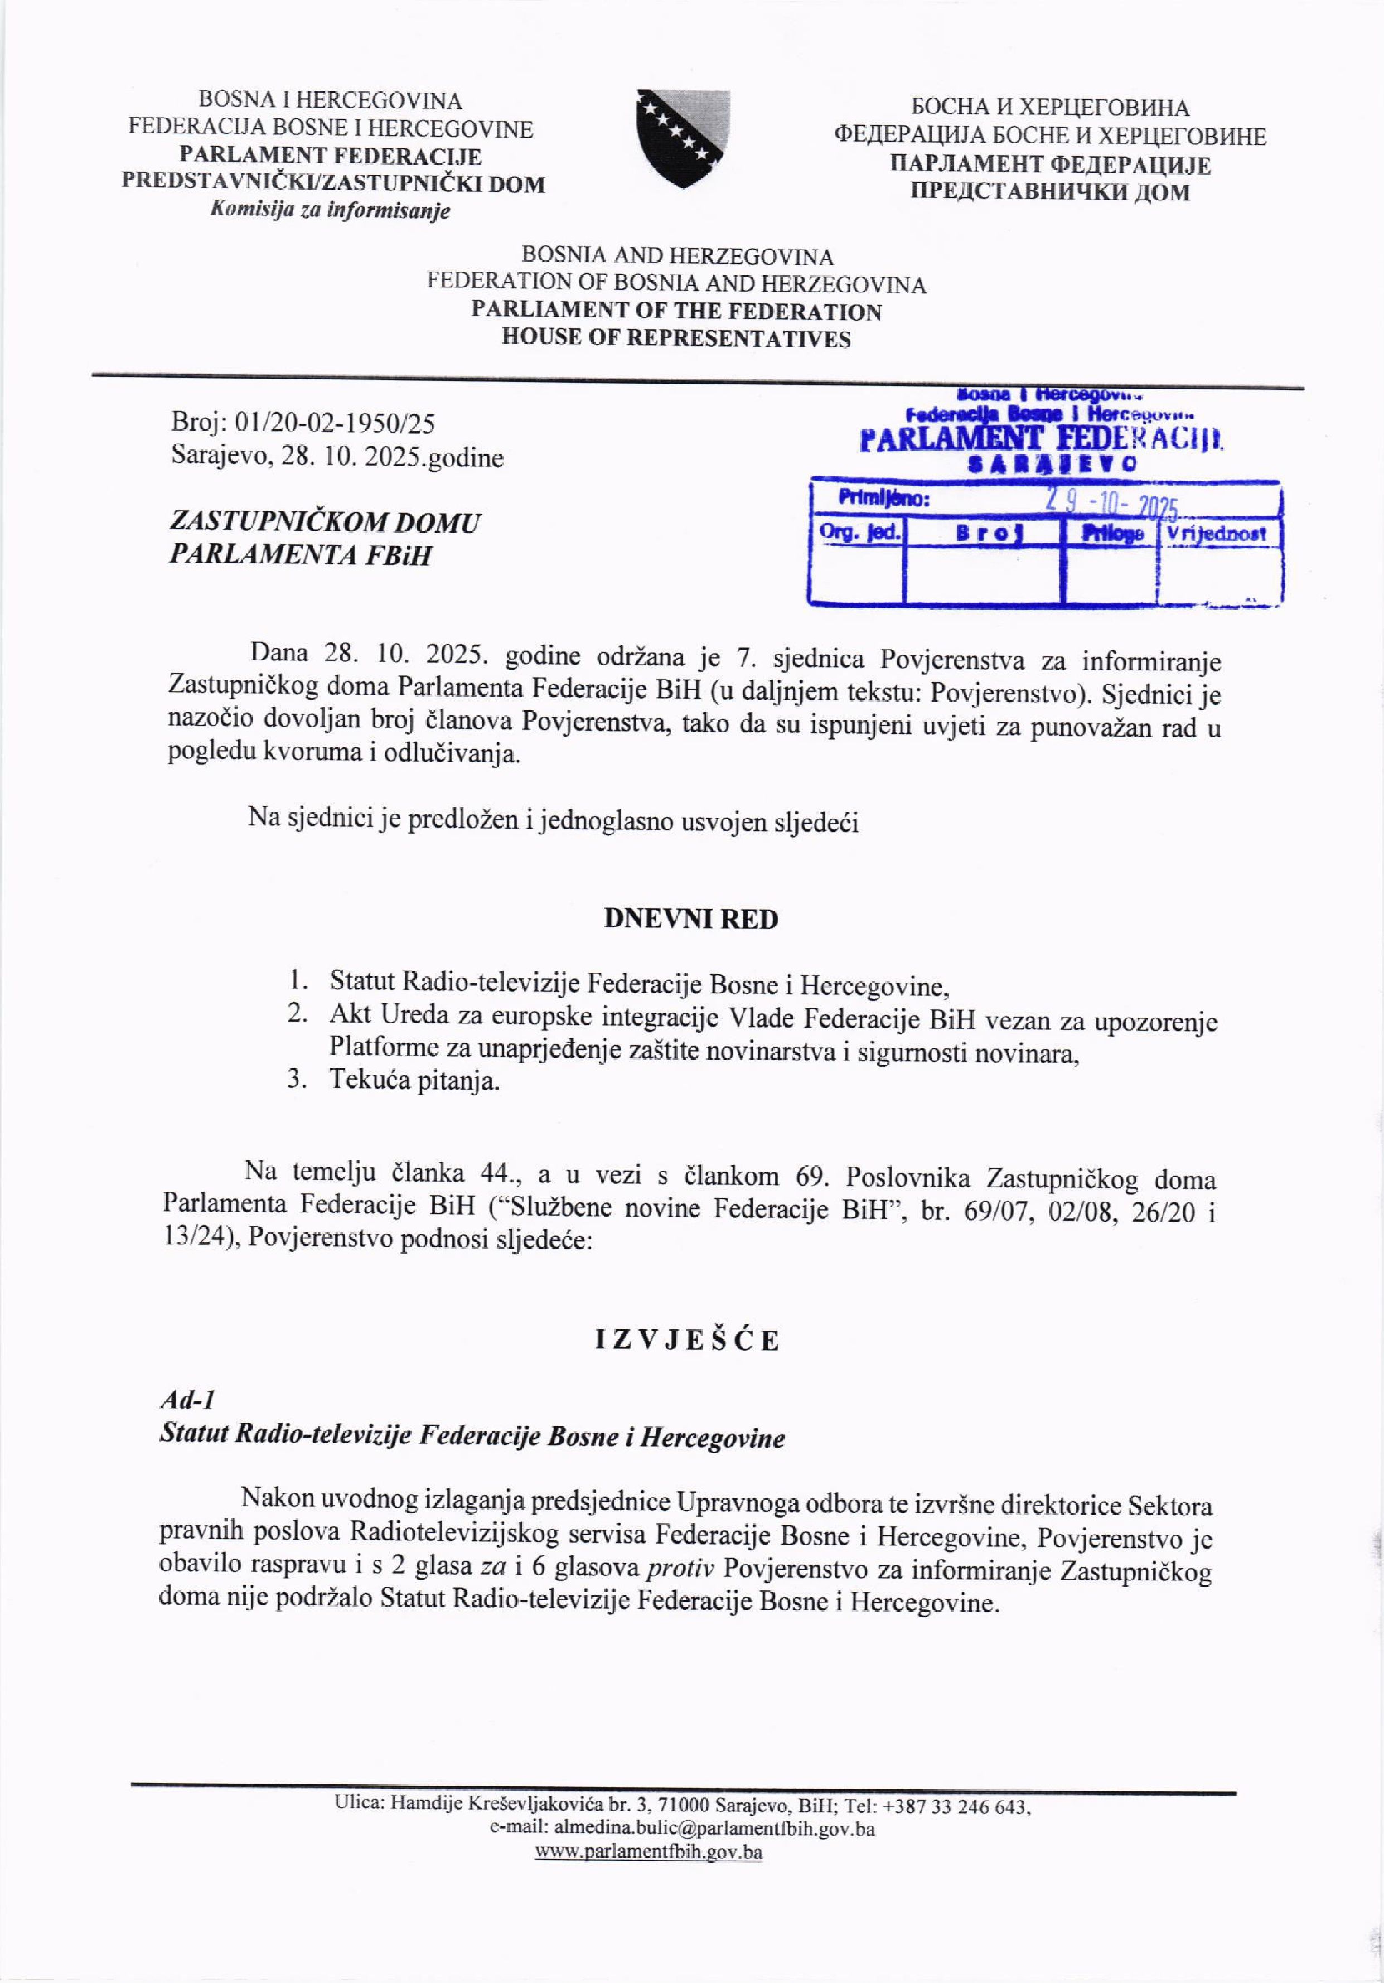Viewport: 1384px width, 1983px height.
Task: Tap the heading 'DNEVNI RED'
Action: point(691,919)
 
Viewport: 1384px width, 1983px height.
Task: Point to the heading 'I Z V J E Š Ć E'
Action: point(687,1341)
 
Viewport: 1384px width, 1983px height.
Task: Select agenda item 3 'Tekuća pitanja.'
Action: point(414,1081)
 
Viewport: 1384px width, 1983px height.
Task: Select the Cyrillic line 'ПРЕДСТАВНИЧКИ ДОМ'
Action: point(1050,192)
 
